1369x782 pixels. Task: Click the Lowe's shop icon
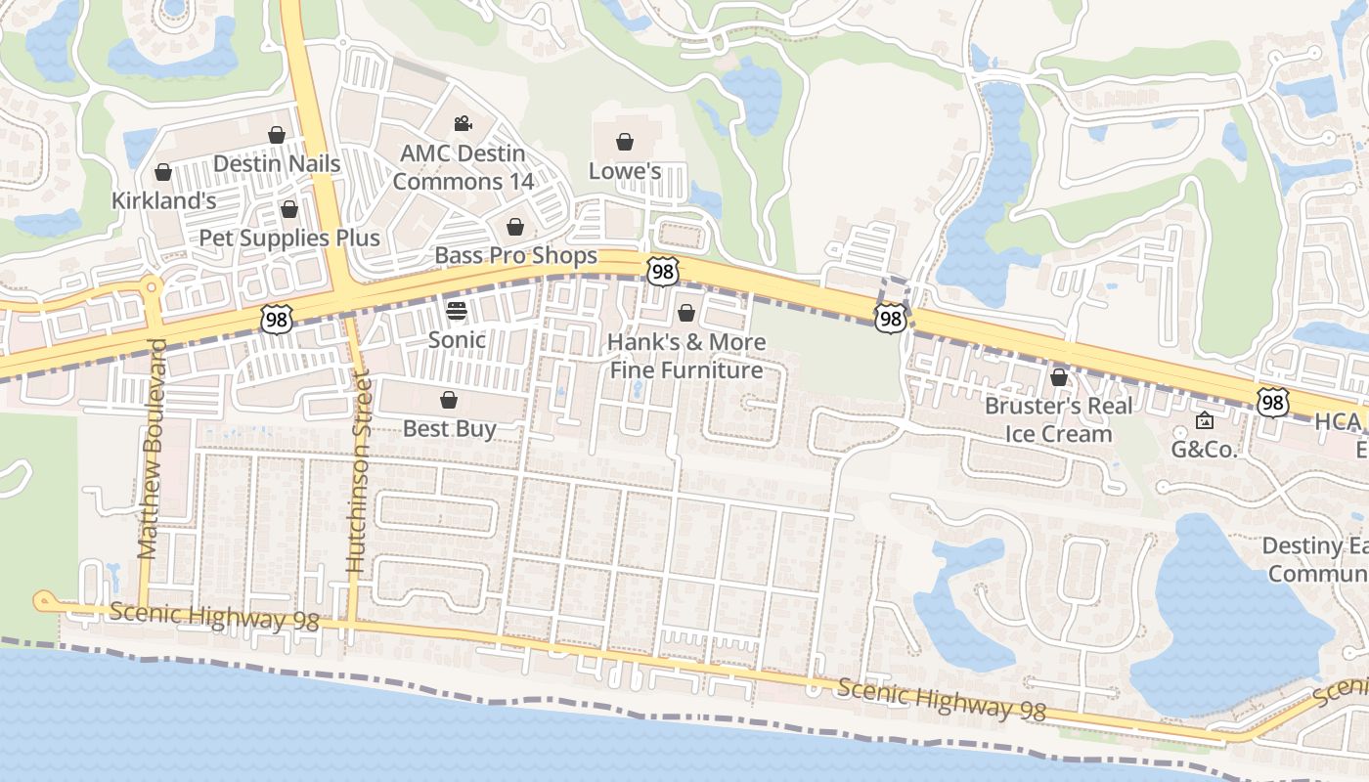coord(625,143)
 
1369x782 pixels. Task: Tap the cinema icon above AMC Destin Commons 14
coord(463,124)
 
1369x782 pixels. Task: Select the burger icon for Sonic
coord(457,312)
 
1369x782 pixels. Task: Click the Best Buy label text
coord(450,429)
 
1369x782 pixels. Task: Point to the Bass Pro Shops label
coord(515,256)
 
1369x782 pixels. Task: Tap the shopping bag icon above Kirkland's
coord(163,173)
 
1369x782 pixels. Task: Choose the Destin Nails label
coord(277,163)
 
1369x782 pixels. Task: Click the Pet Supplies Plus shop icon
coord(289,209)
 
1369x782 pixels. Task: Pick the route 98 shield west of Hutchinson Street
coord(277,319)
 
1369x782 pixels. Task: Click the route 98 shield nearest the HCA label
coord(1272,402)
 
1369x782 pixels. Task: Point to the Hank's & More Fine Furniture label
coord(686,356)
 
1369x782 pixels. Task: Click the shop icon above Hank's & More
coord(686,313)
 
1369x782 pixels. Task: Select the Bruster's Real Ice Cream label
coord(1058,419)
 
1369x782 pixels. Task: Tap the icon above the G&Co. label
coord(1205,421)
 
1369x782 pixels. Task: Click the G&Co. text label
coord(1205,450)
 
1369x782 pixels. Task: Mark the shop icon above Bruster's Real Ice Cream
coord(1059,377)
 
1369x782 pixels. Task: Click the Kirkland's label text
coord(163,201)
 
